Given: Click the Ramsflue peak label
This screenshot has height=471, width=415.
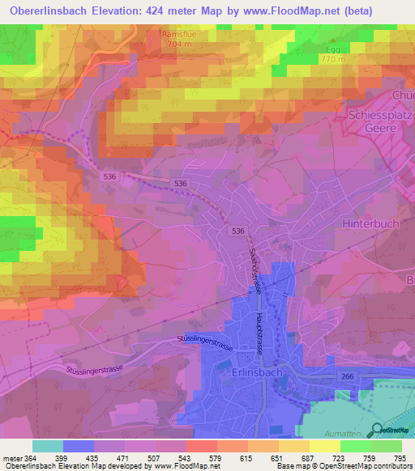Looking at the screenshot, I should coord(175,36).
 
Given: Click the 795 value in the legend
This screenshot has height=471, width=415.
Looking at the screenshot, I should coord(400,457).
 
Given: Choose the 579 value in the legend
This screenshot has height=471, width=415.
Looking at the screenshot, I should coord(215,457).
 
